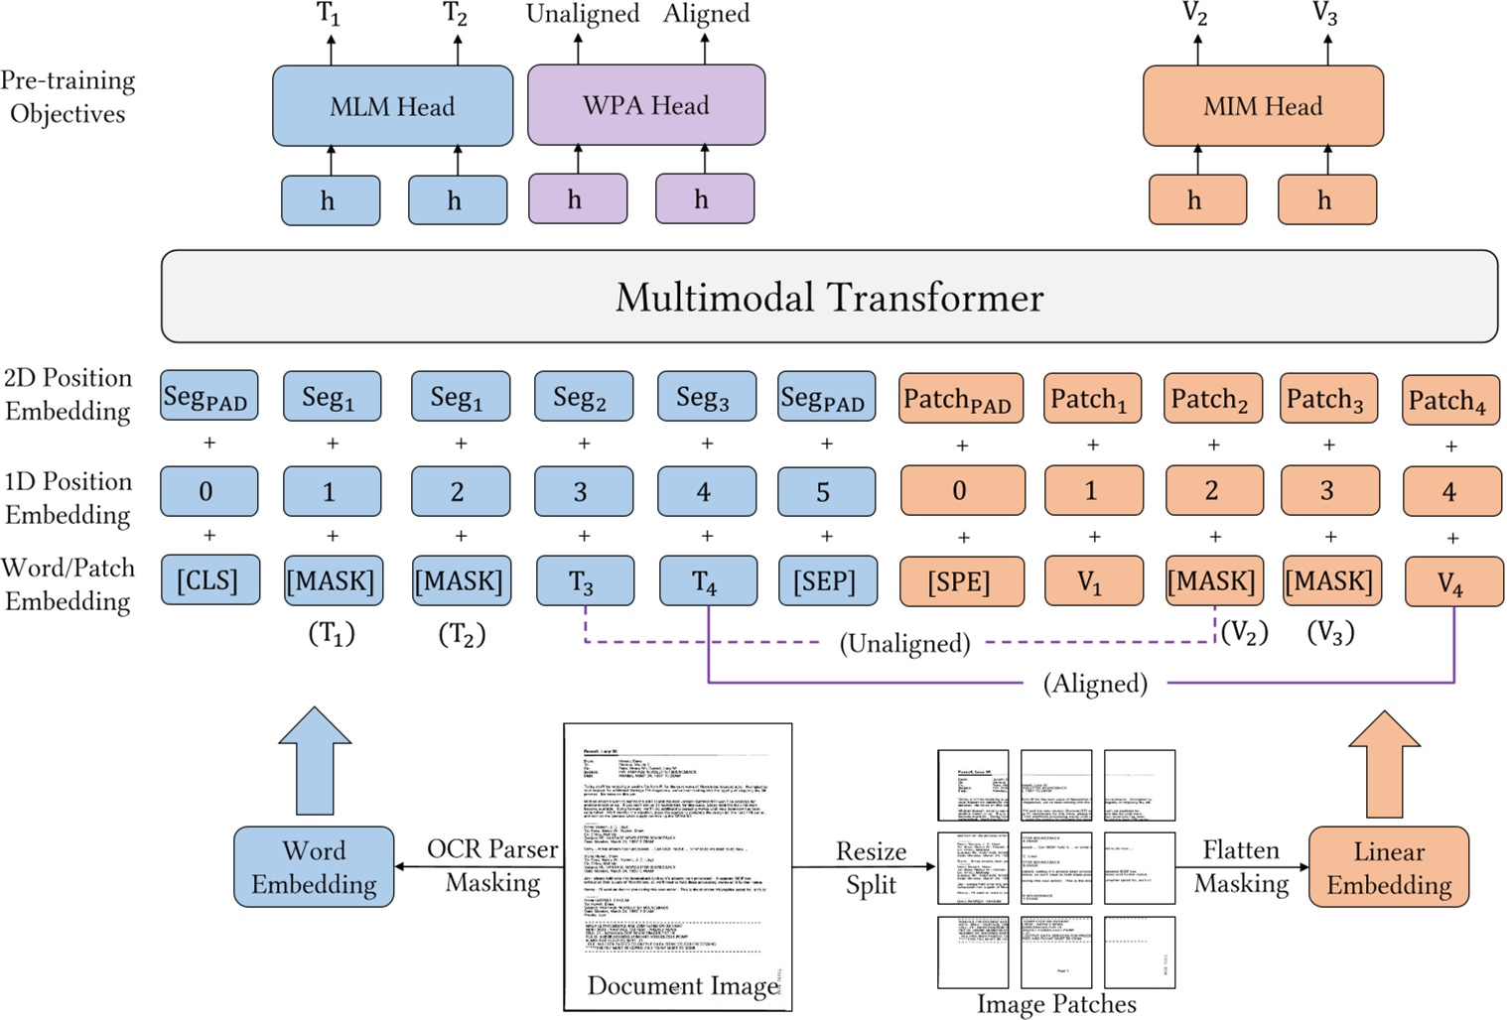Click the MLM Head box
click(x=392, y=106)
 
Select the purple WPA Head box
click(x=645, y=105)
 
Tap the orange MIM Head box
click(x=1263, y=106)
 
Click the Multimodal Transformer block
click(x=829, y=297)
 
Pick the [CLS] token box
click(x=208, y=580)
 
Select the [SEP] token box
click(x=827, y=580)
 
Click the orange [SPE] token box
click(x=961, y=581)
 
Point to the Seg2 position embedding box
click(x=583, y=397)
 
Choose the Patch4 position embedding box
click(x=1449, y=399)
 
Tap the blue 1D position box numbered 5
click(x=826, y=491)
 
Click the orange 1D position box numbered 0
click(x=961, y=491)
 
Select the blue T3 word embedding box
click(x=584, y=581)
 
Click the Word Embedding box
click(x=314, y=867)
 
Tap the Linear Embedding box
click(x=1388, y=867)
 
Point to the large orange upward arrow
click(x=1384, y=764)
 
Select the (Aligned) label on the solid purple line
click(x=1095, y=684)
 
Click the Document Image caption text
click(x=682, y=985)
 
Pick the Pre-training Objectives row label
click(x=68, y=97)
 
